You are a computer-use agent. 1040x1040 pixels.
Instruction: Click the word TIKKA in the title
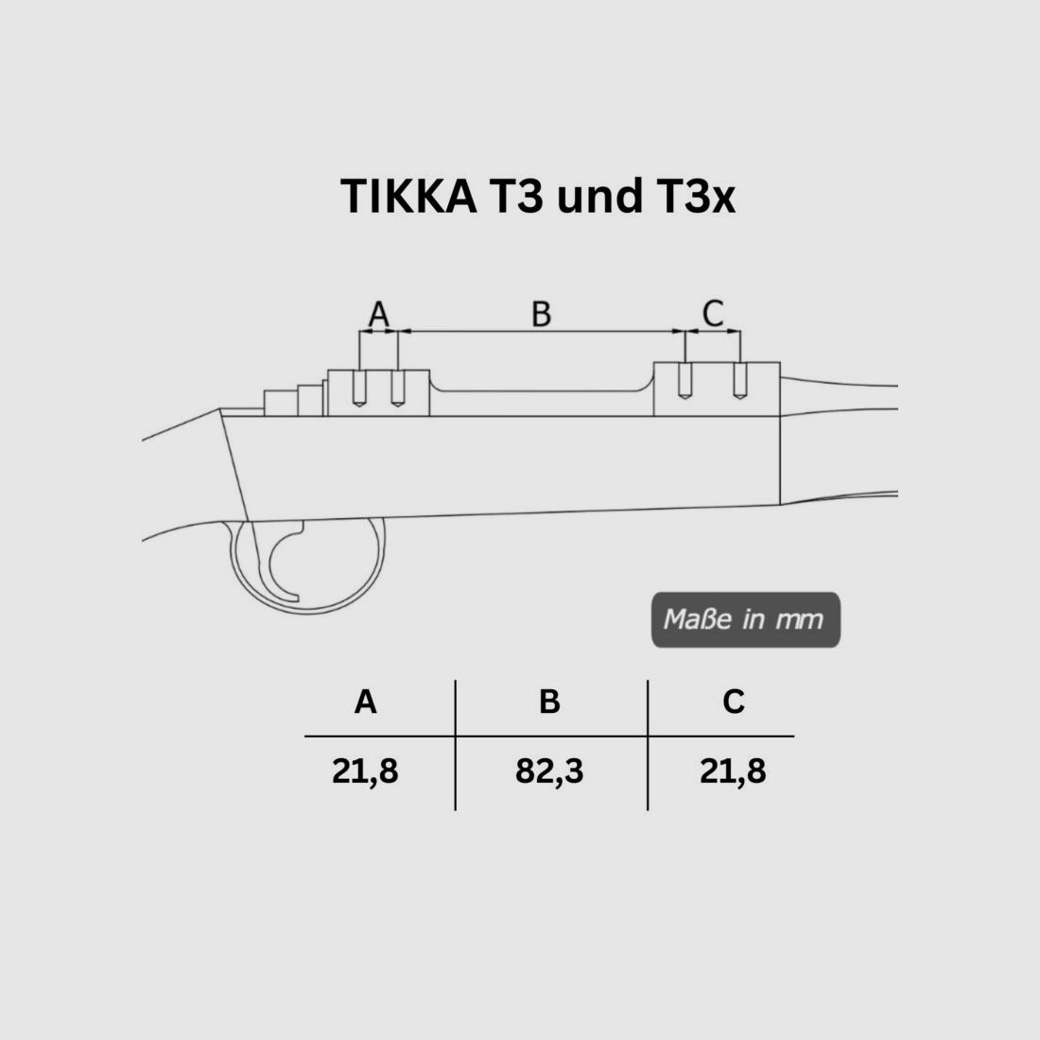tap(407, 197)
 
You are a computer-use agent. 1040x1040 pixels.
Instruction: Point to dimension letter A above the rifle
tap(378, 313)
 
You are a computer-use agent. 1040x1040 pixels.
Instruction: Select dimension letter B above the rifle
tap(541, 313)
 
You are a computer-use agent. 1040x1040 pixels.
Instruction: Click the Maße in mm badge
tap(745, 620)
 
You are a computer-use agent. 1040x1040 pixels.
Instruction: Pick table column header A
tap(365, 702)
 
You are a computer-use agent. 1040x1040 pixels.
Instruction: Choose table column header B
tap(549, 702)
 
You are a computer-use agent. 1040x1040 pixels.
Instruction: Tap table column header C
tap(733, 702)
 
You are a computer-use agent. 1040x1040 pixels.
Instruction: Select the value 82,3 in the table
tap(549, 771)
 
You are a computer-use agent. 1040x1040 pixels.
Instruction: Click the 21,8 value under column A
tap(365, 771)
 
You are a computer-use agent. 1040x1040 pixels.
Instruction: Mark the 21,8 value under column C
tap(733, 771)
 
